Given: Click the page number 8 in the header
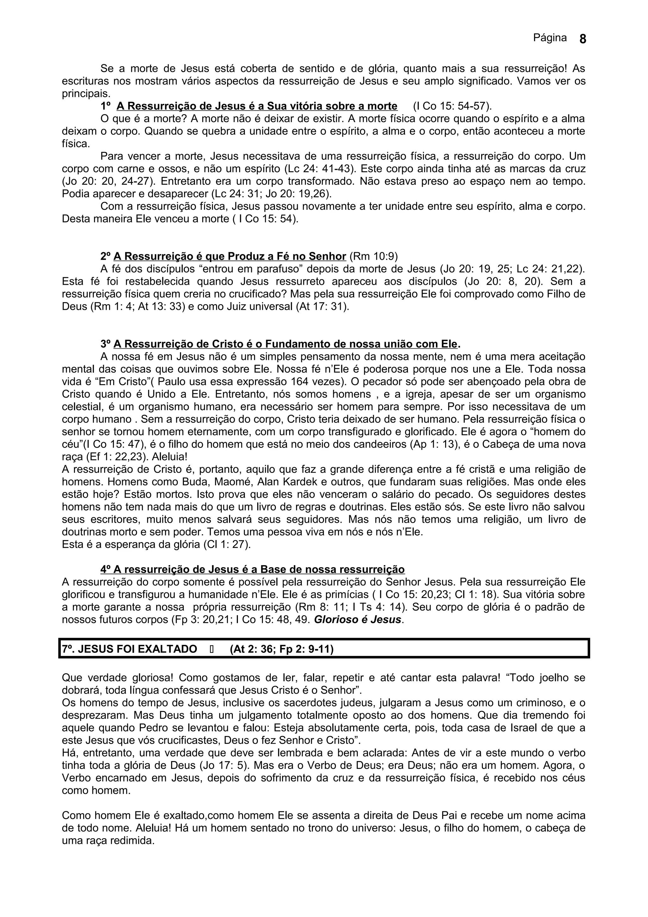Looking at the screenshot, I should click(x=583, y=39).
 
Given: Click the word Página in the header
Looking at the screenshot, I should click(x=550, y=38).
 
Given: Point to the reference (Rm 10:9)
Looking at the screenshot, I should click(x=374, y=256).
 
